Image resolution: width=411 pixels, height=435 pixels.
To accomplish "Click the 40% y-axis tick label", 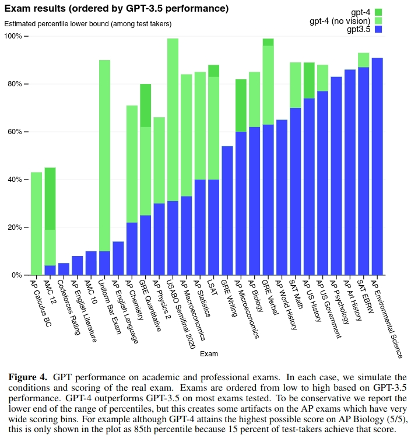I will click(14, 180).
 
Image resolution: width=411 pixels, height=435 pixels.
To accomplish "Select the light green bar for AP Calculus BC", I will click(36, 223).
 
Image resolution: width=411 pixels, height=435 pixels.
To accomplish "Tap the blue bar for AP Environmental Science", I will click(377, 166).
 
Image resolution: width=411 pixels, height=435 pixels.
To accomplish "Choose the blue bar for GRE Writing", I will click(227, 211).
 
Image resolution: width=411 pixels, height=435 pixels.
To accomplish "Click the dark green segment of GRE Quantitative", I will click(145, 105).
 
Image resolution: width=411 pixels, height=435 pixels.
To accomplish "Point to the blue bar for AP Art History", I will click(350, 172).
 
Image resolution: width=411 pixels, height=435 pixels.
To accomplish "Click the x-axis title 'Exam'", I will click(209, 354).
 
